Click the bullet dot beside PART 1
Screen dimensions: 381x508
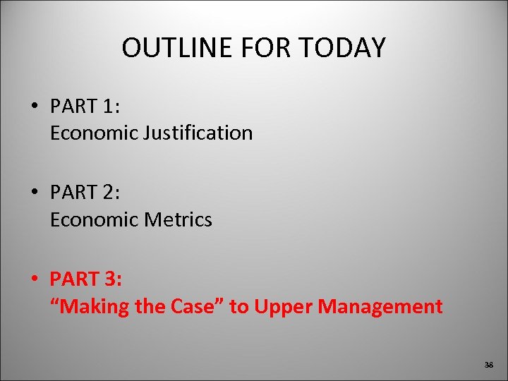point(35,107)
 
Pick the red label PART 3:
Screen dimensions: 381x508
point(85,280)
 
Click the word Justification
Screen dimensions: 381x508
point(199,133)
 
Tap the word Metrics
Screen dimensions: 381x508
point(179,219)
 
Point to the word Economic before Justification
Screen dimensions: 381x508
point(95,133)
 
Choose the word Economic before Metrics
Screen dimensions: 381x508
point(95,219)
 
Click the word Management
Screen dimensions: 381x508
point(380,306)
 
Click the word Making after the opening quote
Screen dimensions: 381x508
point(102,307)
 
